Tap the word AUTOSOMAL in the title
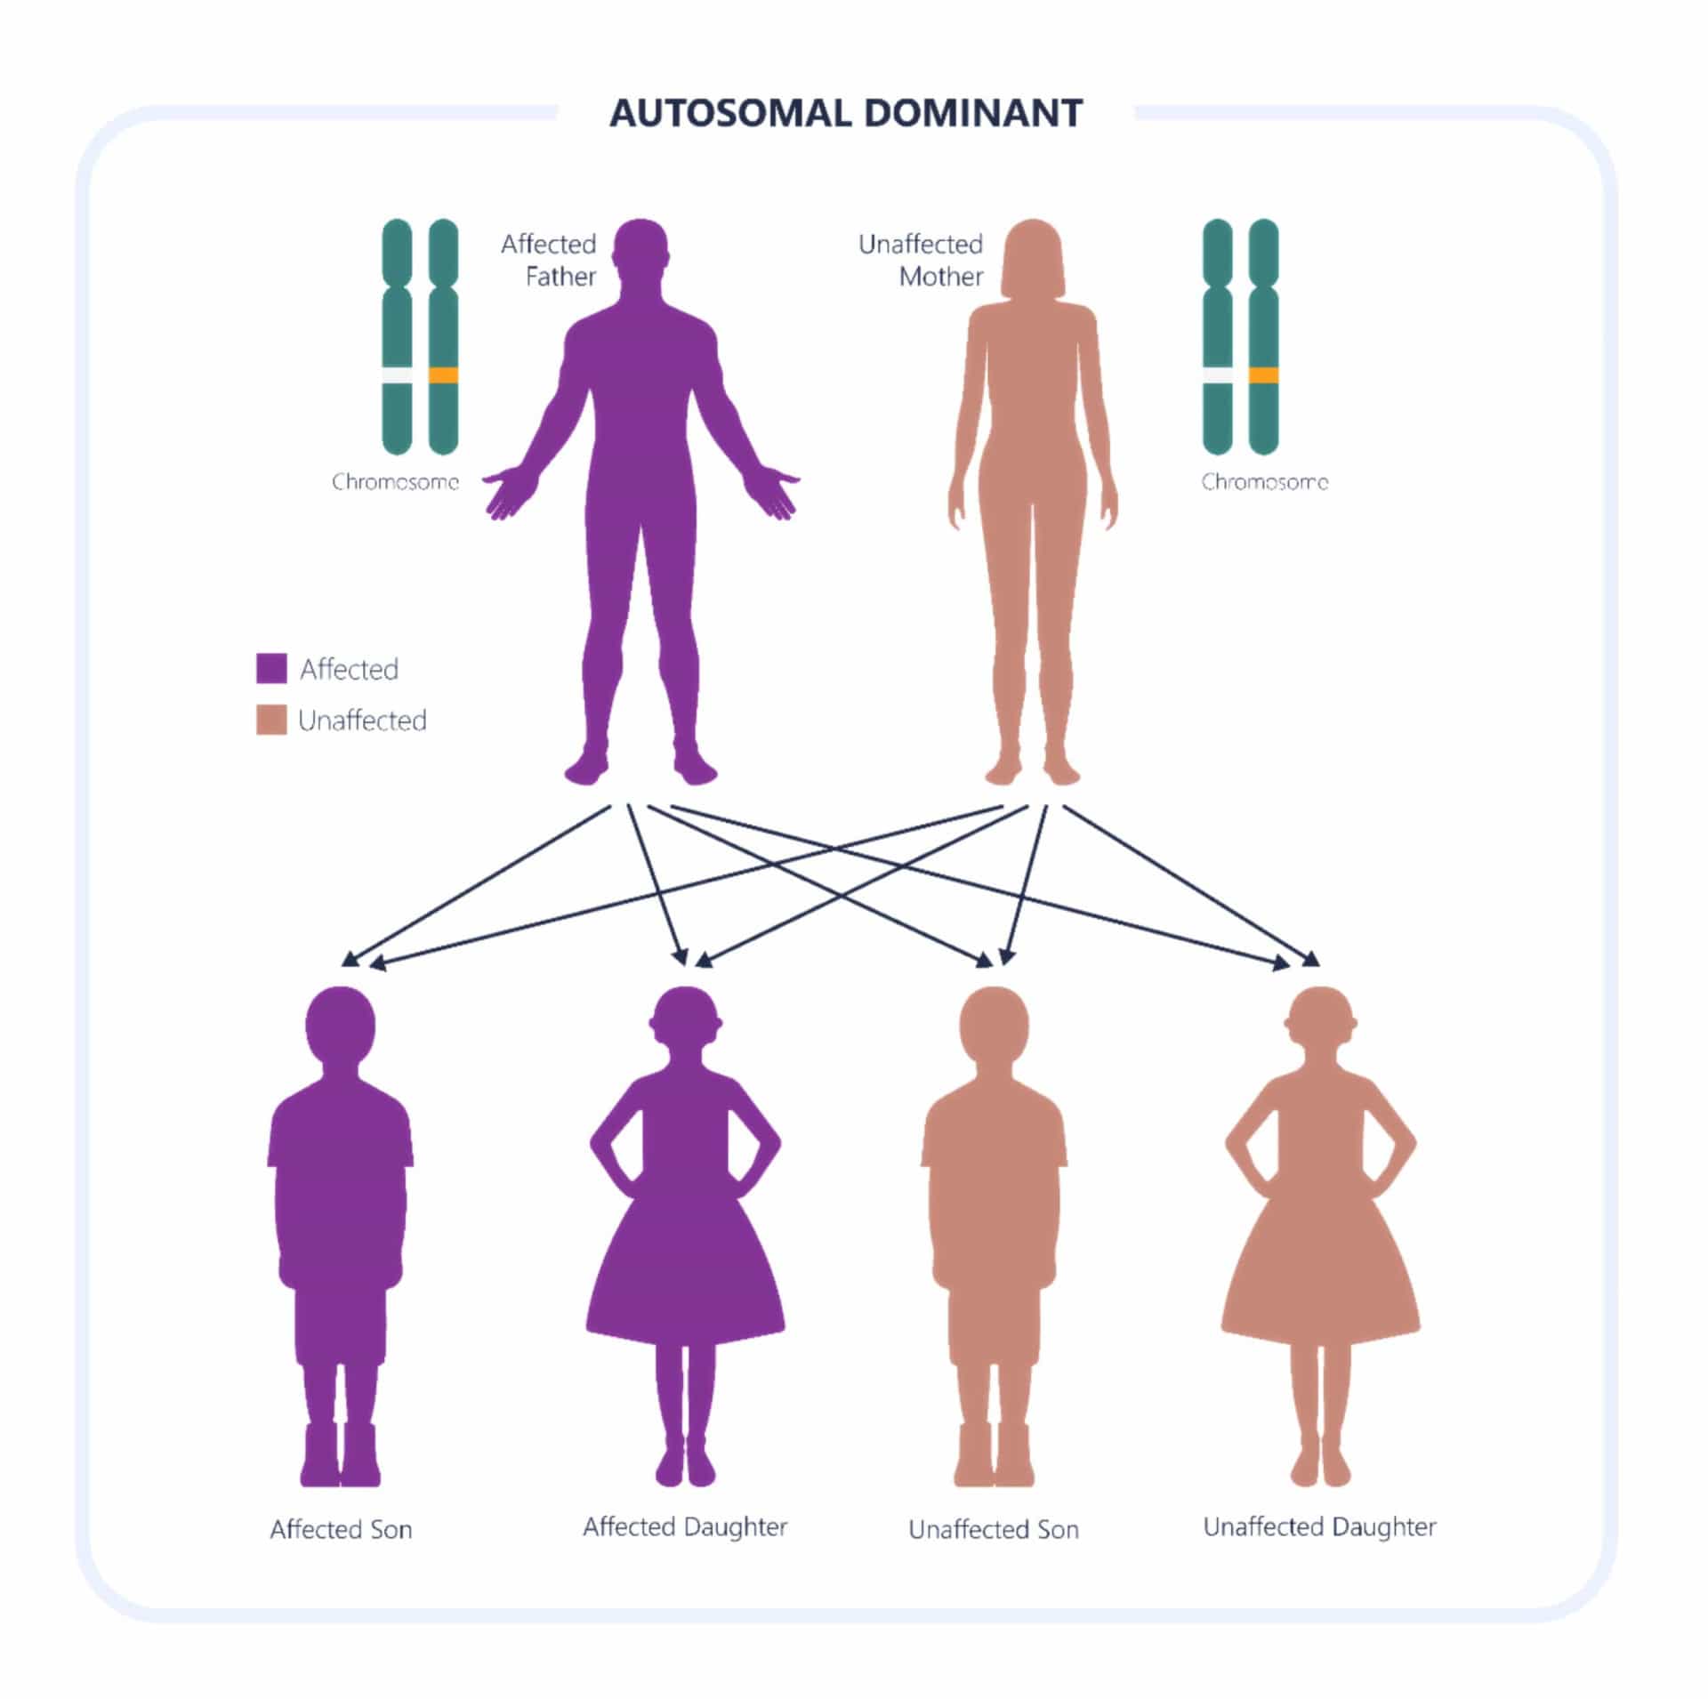[x=729, y=114]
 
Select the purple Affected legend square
[x=271, y=668]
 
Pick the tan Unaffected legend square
[x=271, y=720]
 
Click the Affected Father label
[x=549, y=260]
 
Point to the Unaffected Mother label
[x=922, y=260]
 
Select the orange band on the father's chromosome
[x=443, y=375]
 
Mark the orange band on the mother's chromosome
[x=1263, y=375]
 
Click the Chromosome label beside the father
[x=395, y=482]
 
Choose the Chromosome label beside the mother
[x=1264, y=482]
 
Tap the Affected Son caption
[x=341, y=1530]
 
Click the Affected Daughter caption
[x=685, y=1527]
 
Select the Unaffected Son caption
[x=994, y=1530]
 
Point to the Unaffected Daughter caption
[x=1319, y=1527]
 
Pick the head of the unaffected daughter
[x=1321, y=1023]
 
